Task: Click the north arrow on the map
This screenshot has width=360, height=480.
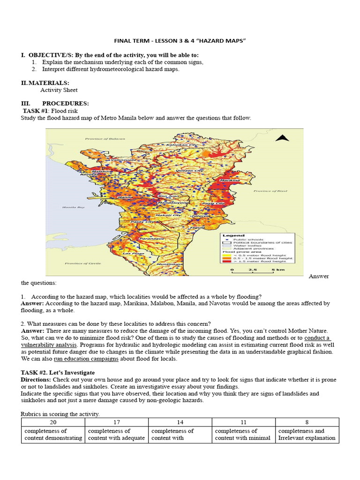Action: coord(281,138)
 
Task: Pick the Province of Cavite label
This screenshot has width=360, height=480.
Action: coord(80,263)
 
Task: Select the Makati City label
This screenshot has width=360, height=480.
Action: coord(170,215)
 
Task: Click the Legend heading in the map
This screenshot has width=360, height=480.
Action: coord(233,235)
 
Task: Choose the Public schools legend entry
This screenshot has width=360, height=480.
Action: coord(248,240)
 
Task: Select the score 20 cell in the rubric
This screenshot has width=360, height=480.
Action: coord(52,422)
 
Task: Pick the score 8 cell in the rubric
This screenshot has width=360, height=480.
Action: coord(307,422)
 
